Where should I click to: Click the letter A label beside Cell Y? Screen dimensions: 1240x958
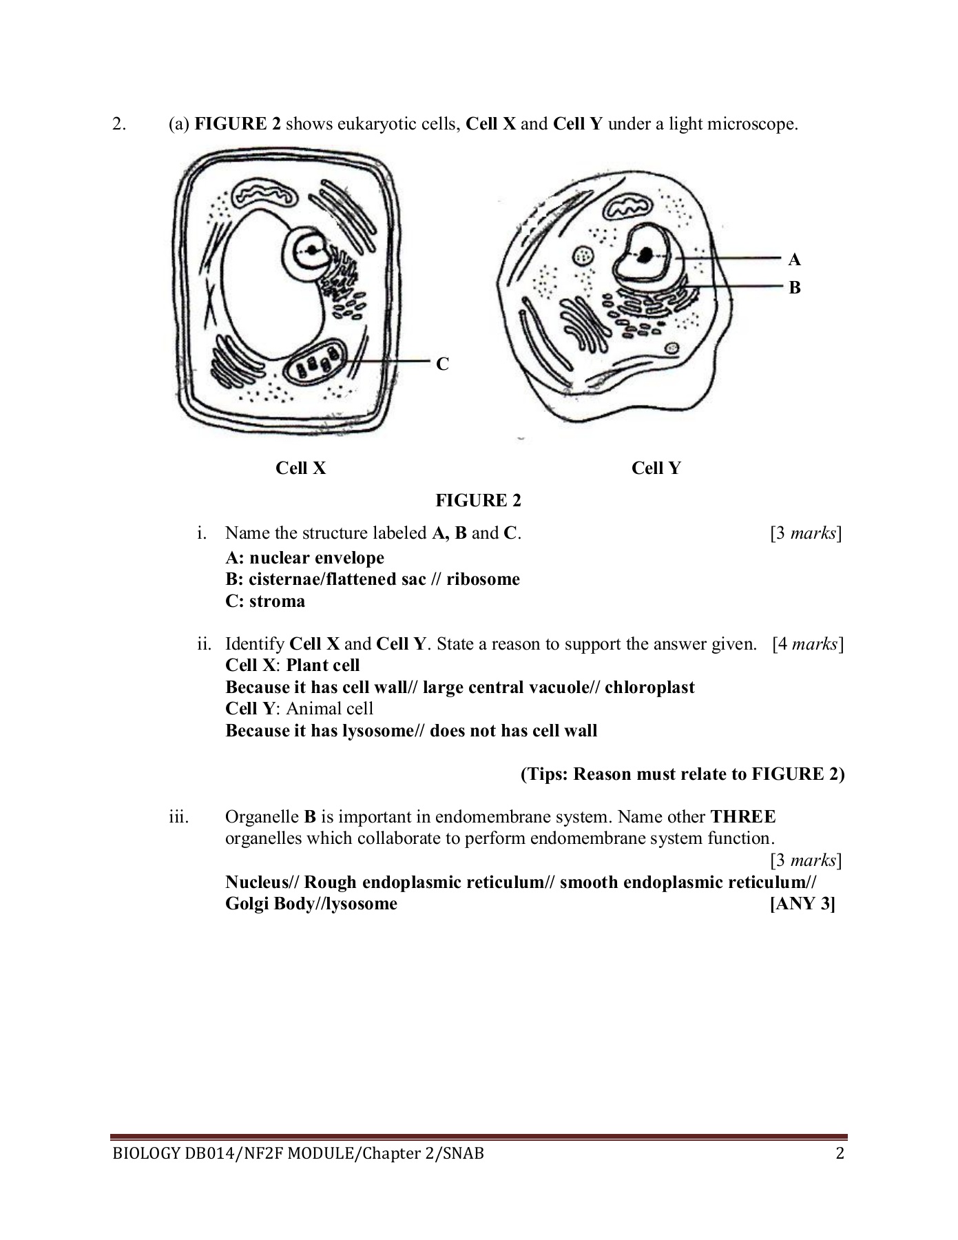[x=794, y=260]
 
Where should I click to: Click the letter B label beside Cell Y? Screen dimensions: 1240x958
[x=794, y=287]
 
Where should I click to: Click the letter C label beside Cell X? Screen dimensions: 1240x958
[x=442, y=364]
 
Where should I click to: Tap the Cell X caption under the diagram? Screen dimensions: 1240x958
[x=300, y=468]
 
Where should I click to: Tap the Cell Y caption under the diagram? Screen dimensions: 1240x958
[x=656, y=468]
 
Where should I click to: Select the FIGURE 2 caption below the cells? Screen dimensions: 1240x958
[x=478, y=501]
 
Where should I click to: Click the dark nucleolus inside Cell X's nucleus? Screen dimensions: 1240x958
[x=313, y=250]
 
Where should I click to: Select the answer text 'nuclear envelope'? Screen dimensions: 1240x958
[x=316, y=557]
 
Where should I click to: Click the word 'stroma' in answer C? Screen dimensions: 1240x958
[x=277, y=601]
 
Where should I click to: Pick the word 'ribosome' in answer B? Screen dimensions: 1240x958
[x=483, y=579]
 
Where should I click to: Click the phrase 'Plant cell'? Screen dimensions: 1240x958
[x=323, y=665]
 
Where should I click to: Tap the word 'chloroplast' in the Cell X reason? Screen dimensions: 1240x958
[x=649, y=687]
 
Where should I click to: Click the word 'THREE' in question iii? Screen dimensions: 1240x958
[x=742, y=817]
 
